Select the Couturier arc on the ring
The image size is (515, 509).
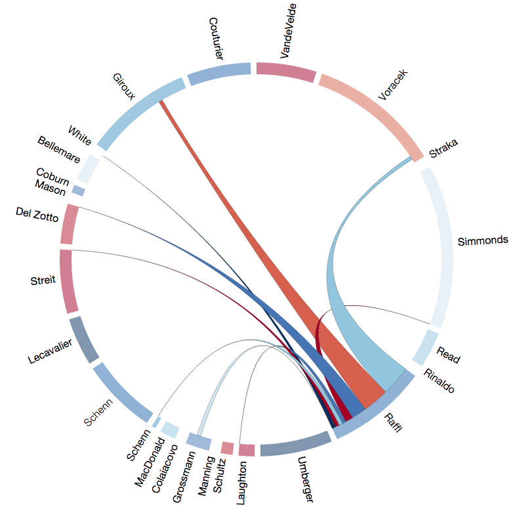click(x=219, y=74)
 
